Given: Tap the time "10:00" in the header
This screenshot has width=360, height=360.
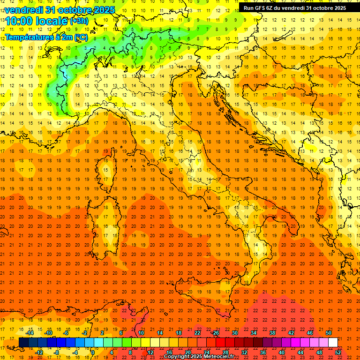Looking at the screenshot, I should point(19,21).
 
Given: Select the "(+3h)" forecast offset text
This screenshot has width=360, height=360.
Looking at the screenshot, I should point(78,21).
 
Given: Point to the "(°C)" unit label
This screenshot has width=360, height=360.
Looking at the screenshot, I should point(80,37).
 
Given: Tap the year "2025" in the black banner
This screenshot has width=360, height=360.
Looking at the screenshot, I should point(337,8).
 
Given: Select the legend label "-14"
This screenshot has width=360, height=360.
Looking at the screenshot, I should point(30,333).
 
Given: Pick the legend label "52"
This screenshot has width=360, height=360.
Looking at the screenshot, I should point(338,352).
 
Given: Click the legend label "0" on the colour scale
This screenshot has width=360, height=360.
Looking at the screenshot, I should point(93,352).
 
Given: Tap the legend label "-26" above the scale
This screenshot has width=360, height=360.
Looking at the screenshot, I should point(215,333).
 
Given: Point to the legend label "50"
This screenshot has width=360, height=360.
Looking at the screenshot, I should point(329,333).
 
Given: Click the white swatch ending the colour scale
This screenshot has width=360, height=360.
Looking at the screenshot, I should point(333,343).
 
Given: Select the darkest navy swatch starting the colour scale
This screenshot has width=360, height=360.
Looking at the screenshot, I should point(24,343).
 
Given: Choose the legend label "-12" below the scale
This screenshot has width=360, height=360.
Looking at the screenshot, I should point(39,352).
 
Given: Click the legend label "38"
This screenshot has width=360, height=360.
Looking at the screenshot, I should point(272,333).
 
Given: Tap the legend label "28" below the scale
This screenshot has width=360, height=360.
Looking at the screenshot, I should point(225,352).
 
